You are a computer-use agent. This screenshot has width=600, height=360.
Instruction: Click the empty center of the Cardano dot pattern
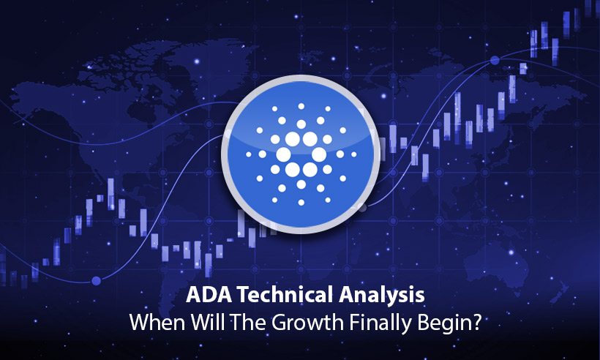tap(300, 155)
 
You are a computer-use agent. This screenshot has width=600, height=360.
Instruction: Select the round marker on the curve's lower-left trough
tap(96, 280)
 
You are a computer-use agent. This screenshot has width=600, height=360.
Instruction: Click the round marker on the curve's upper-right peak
tap(495, 60)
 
